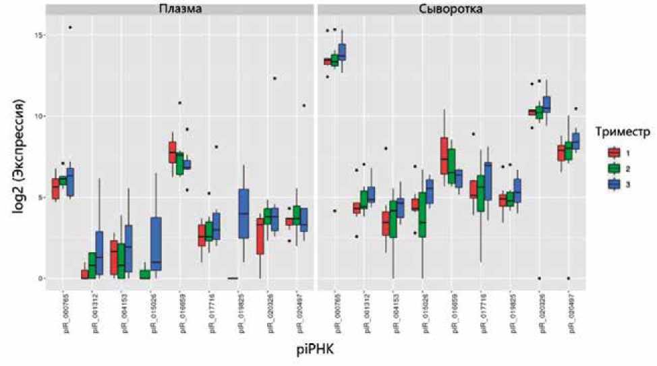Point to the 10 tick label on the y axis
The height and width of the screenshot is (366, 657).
click(38, 117)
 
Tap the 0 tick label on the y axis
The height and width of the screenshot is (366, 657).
click(41, 278)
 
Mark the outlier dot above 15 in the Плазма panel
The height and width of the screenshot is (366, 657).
click(69, 28)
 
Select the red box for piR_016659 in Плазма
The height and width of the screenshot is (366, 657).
click(173, 152)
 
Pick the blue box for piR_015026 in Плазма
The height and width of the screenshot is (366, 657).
click(156, 243)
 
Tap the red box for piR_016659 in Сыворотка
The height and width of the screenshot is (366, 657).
click(444, 156)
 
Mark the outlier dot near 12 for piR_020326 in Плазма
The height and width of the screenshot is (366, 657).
click(275, 78)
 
